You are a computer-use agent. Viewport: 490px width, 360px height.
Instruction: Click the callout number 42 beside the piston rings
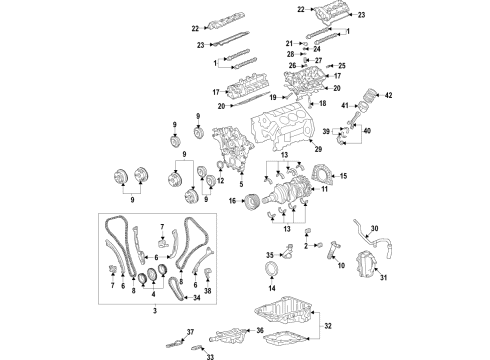(x=389, y=96)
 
